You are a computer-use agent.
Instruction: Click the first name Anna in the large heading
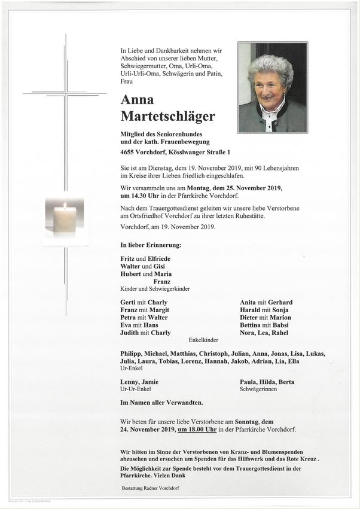137,99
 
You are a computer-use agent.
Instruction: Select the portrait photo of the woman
272,87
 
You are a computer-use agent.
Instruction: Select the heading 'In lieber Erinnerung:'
151,245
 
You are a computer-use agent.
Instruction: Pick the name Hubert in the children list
130,274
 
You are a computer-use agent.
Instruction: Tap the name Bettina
252,325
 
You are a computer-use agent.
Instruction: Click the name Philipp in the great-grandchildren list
132,353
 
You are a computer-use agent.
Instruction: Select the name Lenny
130,382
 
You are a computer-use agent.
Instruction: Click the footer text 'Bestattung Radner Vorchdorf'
150,488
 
